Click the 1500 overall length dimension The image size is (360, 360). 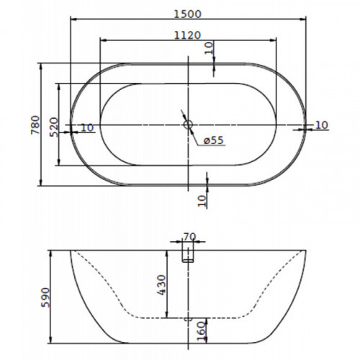187,14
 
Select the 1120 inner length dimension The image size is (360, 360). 187,35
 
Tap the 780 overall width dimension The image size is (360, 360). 35,125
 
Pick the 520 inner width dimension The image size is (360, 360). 54,127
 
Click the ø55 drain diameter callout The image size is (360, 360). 214,140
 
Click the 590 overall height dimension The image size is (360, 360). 45,297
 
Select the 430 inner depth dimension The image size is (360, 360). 161,284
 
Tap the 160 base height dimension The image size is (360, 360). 202,330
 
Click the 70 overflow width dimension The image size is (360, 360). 189,237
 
